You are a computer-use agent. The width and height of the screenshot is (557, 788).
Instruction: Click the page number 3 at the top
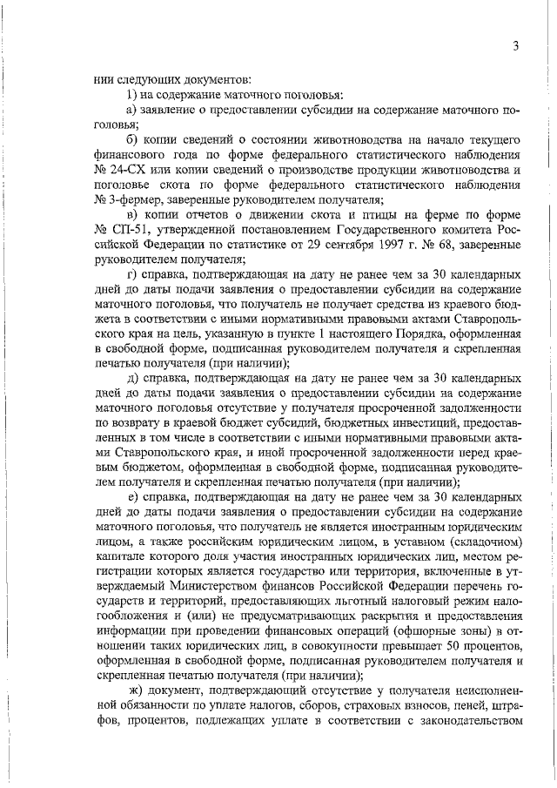[x=515, y=46]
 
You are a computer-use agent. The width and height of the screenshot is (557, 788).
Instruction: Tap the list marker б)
[x=132, y=138]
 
